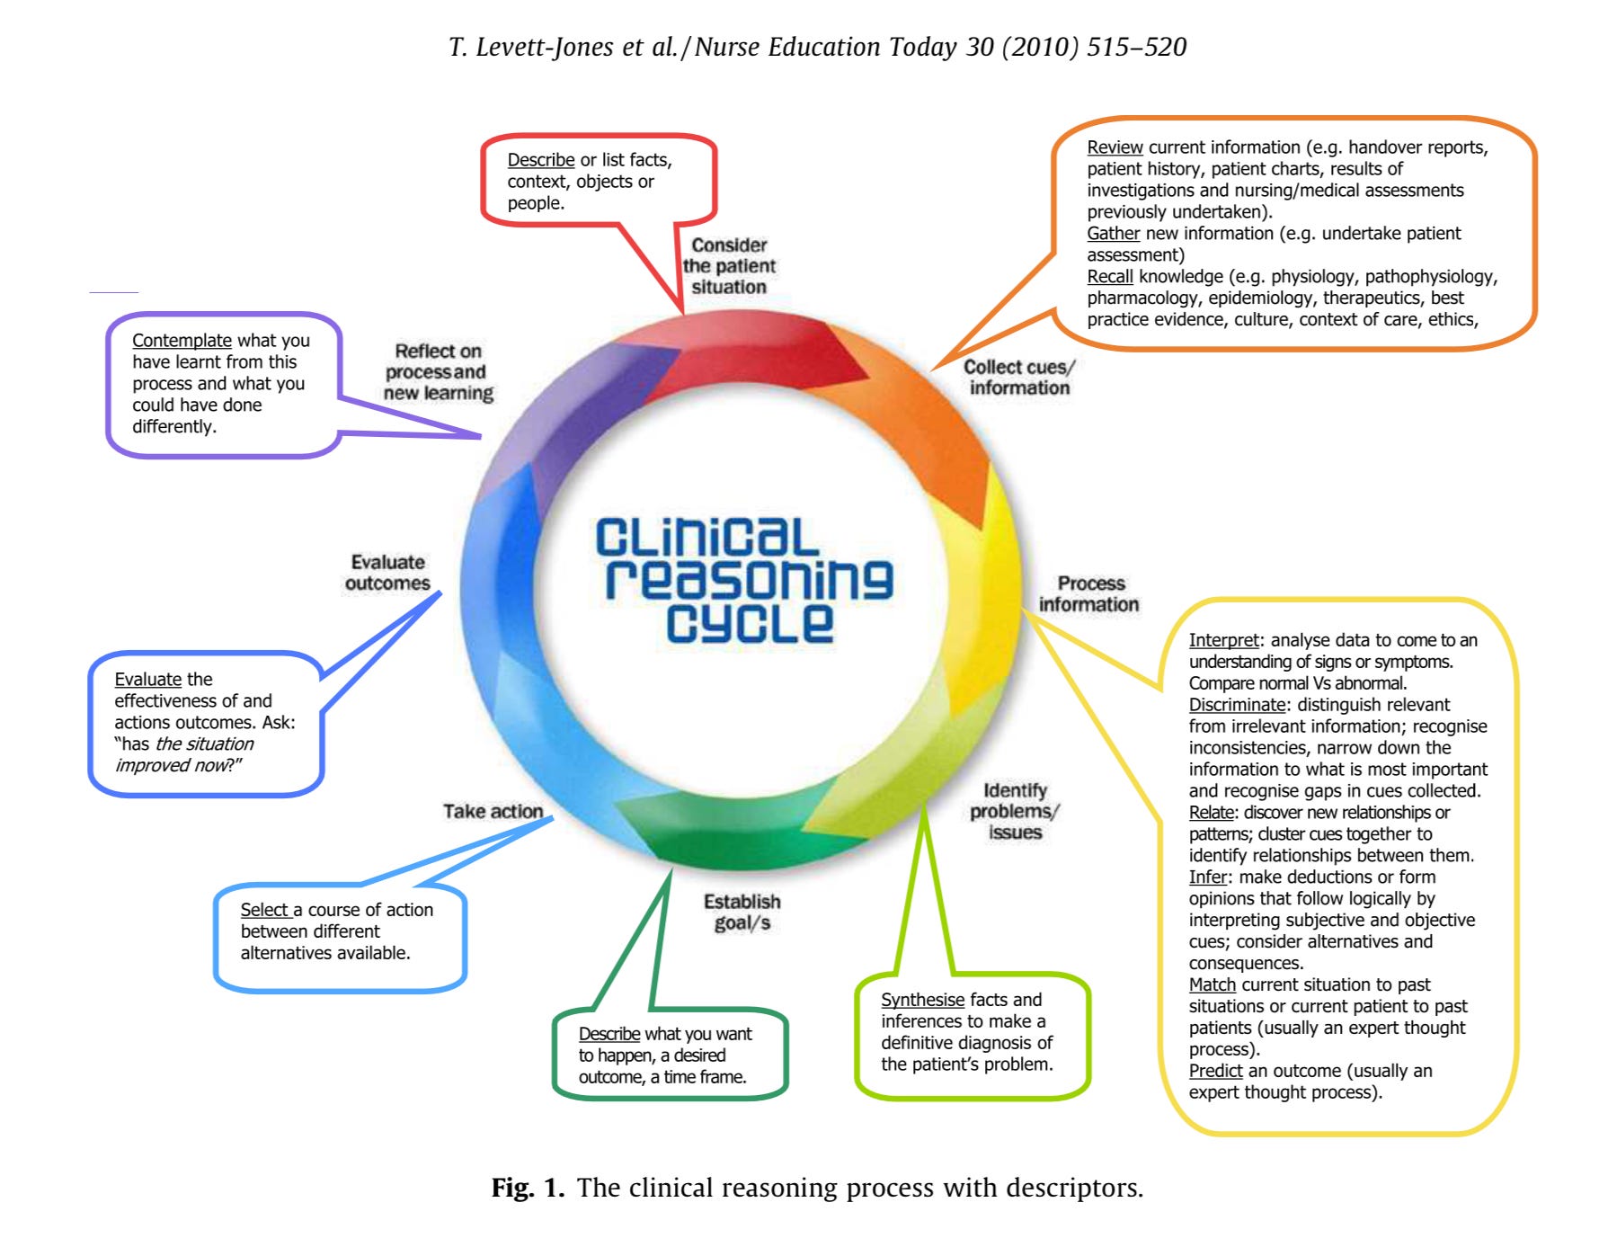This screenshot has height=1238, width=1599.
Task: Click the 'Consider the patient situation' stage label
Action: coord(729,266)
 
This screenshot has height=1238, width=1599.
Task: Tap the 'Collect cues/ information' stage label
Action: coord(1019,378)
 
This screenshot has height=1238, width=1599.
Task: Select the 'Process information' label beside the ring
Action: coord(1089,594)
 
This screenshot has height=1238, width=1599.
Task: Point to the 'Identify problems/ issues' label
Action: coord(1015,811)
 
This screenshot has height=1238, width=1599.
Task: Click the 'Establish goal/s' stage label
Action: coord(742,912)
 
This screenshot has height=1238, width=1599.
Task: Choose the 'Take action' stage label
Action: coord(493,812)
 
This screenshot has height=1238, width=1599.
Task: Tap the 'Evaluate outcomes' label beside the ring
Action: coord(387,573)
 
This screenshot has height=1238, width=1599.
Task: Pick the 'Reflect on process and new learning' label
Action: coord(438,371)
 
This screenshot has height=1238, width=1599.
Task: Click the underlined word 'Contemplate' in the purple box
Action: coord(182,341)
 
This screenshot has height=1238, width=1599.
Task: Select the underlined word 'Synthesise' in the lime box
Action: coord(922,1000)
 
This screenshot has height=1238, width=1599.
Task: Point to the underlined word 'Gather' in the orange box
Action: coord(1113,234)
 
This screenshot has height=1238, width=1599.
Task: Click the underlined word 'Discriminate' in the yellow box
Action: coord(1237,705)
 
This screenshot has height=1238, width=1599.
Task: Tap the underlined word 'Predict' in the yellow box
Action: coord(1215,1071)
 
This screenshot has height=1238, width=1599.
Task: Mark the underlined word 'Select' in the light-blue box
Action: coord(264,910)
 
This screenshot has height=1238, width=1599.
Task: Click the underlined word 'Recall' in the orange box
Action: coord(1110,277)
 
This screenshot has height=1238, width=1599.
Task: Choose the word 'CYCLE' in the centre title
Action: coord(750,622)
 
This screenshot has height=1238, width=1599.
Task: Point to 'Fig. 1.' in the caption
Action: coord(528,1188)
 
